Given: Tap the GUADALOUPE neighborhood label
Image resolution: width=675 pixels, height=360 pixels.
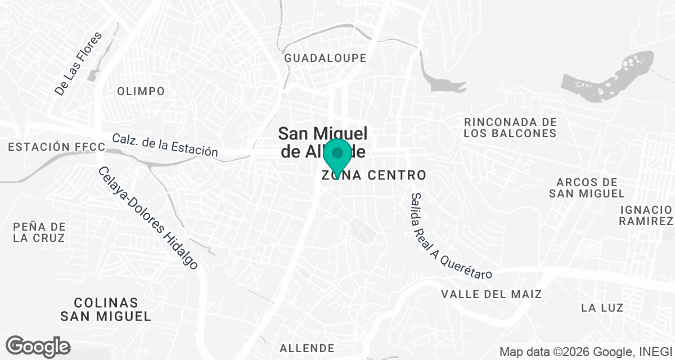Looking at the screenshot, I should (325, 58).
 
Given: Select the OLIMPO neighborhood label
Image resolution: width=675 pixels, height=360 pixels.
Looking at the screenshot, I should (141, 91).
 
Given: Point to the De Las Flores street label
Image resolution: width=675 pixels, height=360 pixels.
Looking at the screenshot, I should (79, 63).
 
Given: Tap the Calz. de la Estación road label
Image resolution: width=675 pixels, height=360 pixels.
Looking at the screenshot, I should (164, 145).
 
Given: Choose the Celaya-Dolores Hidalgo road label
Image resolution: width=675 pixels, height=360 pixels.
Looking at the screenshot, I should (148, 218).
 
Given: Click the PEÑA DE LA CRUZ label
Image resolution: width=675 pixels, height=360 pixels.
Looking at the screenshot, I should (39, 232).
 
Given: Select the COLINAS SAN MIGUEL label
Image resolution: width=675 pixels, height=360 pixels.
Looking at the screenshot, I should (106, 309).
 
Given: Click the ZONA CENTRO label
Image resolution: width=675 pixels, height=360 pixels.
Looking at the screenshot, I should (373, 175).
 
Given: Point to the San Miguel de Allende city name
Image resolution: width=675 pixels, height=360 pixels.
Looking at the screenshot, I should (323, 142).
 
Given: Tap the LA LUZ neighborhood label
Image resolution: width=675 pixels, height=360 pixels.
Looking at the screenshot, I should (602, 308).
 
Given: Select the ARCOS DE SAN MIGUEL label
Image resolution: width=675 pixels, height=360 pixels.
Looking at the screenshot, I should (587, 188).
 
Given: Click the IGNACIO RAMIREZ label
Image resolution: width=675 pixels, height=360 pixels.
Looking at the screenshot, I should (646, 215).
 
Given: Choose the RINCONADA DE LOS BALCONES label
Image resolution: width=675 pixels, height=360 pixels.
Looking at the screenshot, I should (510, 128).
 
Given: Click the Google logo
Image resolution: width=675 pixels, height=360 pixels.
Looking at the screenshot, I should (38, 346).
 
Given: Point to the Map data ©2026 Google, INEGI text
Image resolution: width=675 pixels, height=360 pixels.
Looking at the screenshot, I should (586, 352).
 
